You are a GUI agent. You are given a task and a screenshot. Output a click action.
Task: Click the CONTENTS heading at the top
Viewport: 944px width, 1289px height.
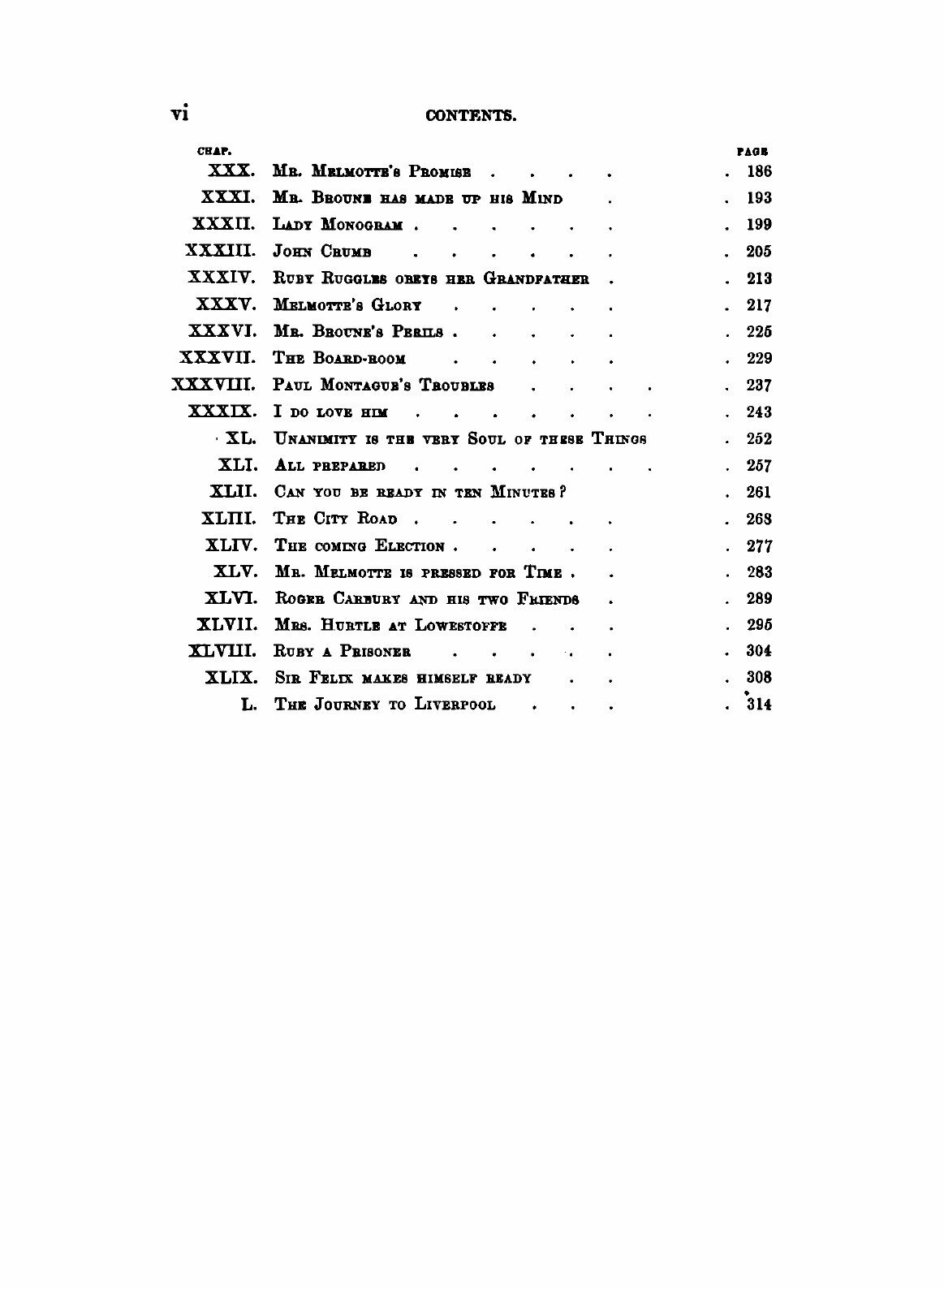(472, 115)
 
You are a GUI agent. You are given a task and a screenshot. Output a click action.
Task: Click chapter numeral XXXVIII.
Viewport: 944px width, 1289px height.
(214, 385)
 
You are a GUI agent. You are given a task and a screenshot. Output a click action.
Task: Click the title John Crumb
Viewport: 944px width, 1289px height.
(322, 252)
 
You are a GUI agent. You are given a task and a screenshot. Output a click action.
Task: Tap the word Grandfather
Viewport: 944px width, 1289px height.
(536, 278)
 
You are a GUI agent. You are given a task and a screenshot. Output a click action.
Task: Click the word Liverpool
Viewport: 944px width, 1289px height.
(455, 705)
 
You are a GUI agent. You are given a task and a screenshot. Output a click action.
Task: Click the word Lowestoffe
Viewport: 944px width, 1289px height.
(461, 625)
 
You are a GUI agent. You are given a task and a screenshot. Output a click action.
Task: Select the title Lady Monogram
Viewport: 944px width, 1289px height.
(338, 225)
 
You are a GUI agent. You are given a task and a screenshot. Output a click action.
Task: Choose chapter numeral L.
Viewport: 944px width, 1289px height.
(249, 705)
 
